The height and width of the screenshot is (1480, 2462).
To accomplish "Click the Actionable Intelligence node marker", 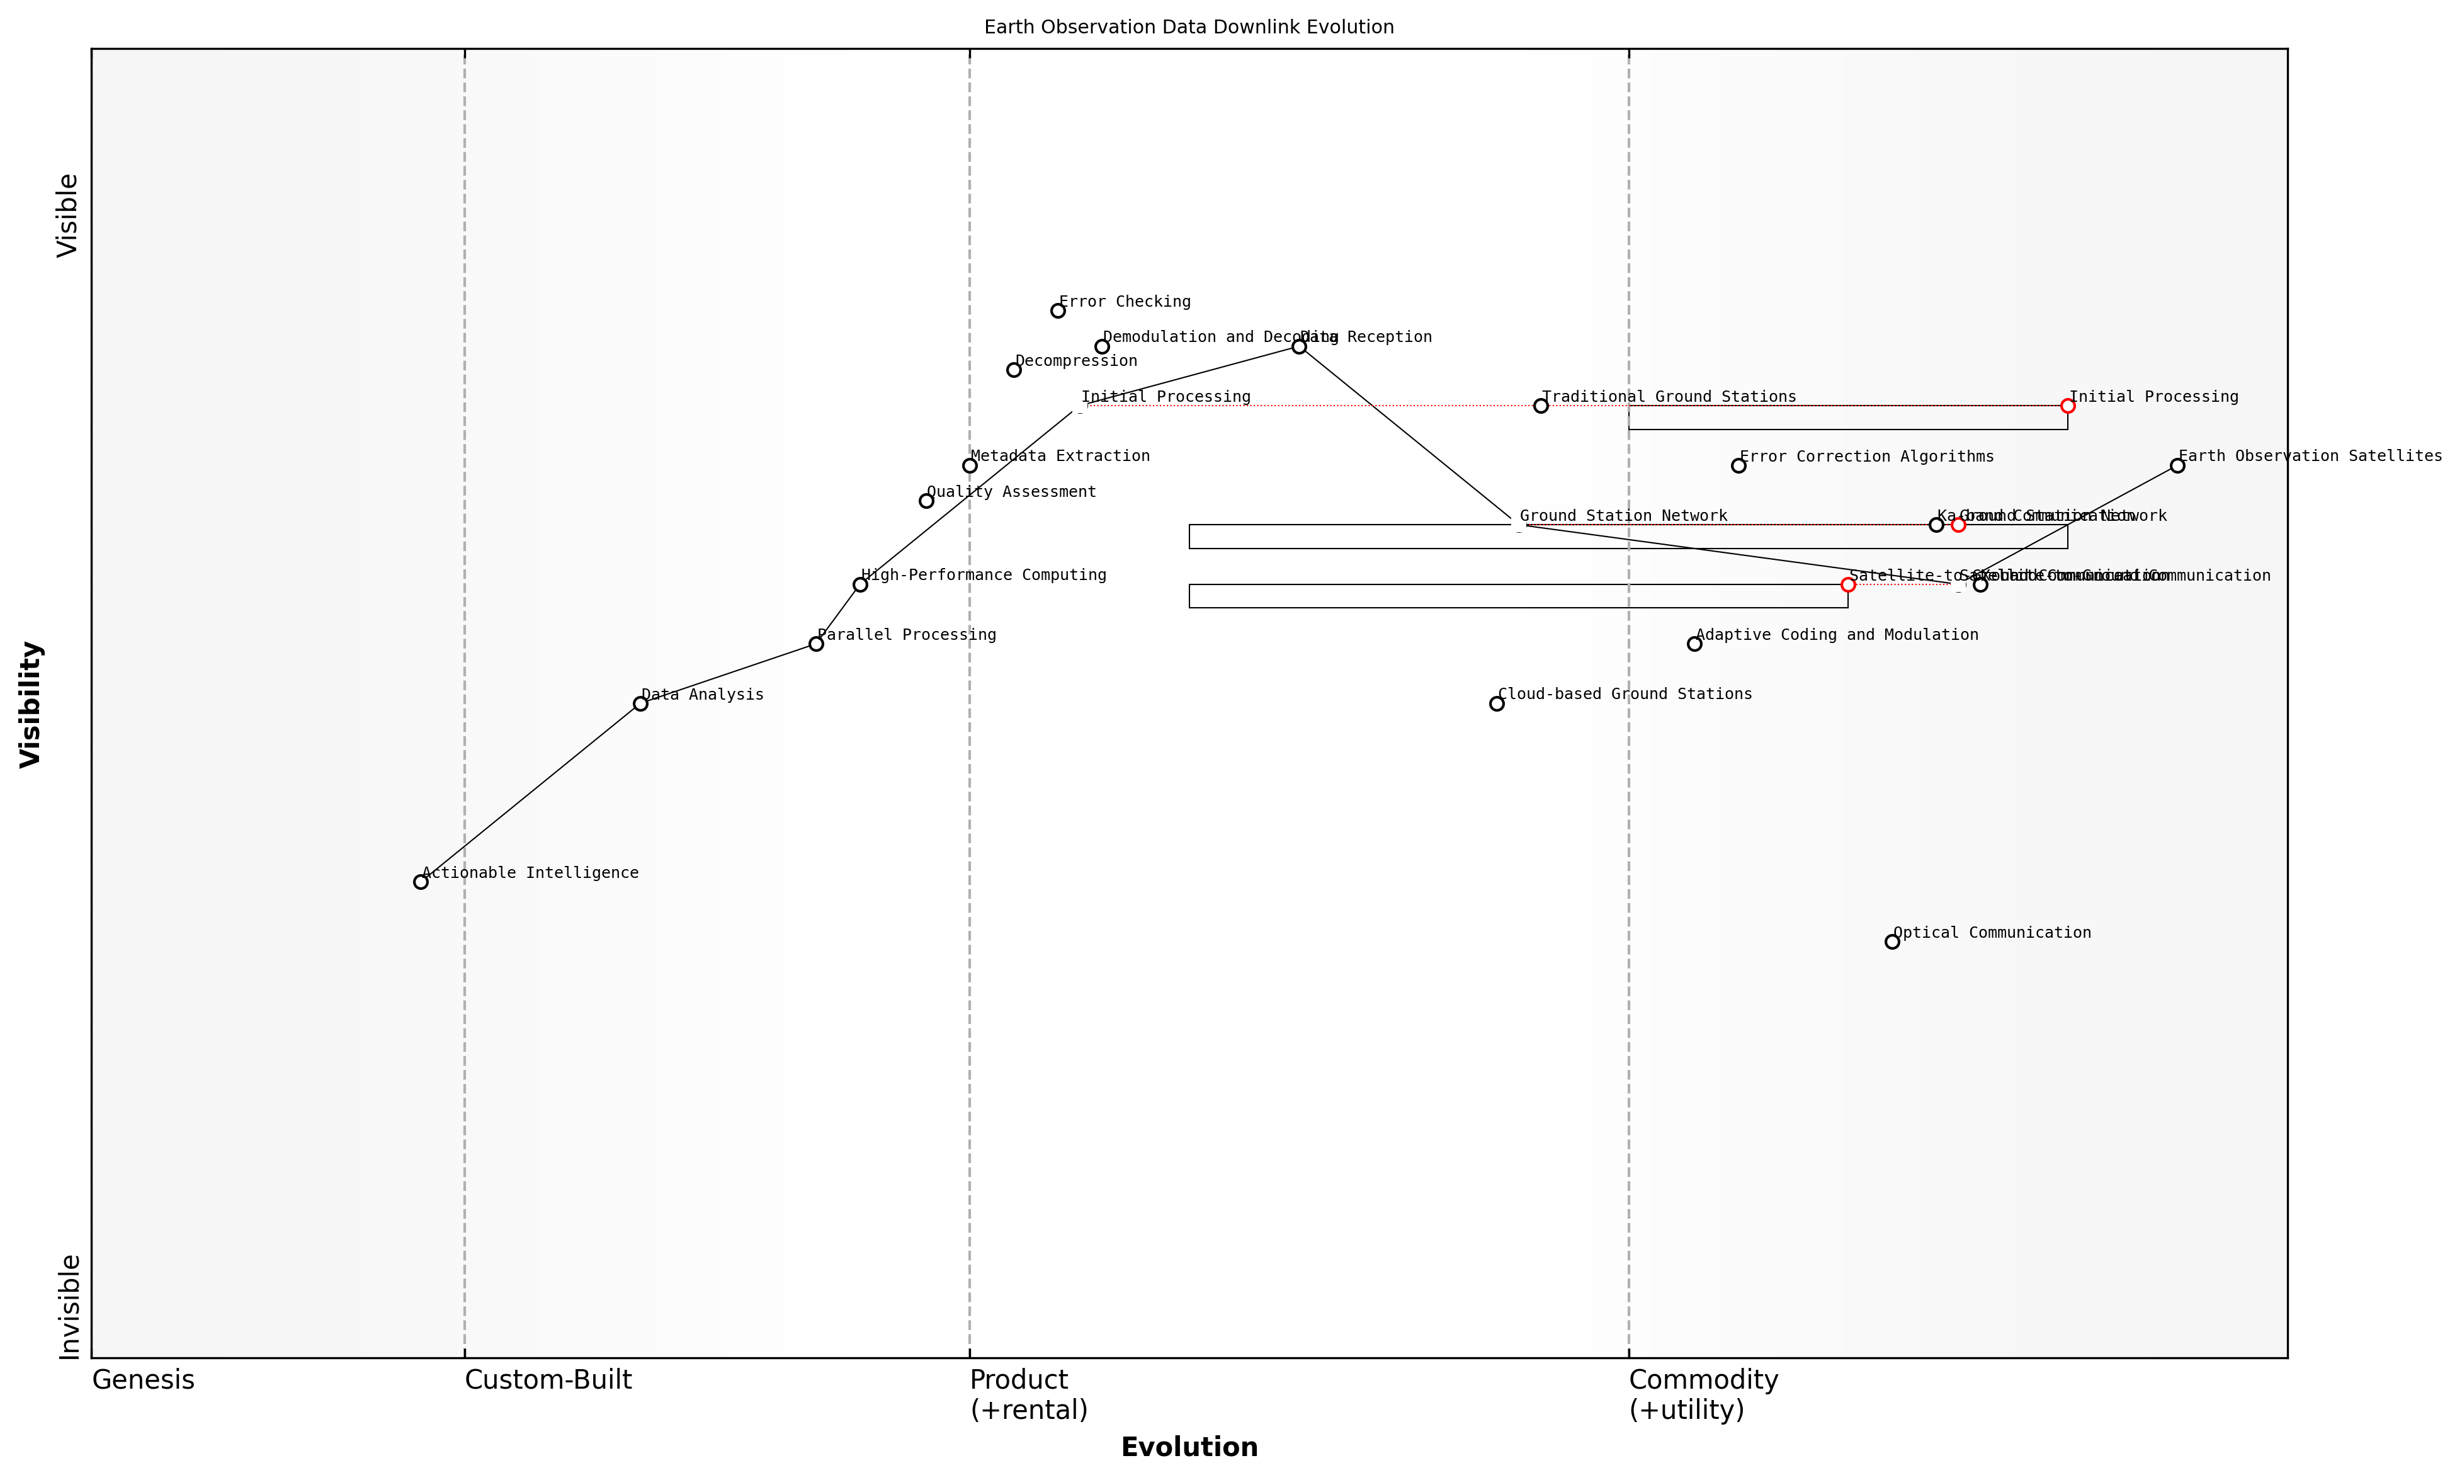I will click(x=421, y=882).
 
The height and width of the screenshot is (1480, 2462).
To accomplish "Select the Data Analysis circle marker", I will click(x=640, y=703).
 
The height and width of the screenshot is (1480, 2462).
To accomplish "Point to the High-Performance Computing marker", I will click(x=859, y=584).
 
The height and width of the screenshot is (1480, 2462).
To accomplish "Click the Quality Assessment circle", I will click(x=926, y=501).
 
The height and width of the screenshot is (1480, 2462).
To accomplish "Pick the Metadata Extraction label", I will click(x=1059, y=456).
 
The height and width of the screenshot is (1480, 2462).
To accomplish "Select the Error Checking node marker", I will click(x=1058, y=310).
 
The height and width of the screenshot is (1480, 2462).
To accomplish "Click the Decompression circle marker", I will click(x=1014, y=370).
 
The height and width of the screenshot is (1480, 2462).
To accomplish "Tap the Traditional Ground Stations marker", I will click(x=1541, y=406).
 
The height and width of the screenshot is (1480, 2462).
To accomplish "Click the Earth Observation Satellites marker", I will click(x=2177, y=466).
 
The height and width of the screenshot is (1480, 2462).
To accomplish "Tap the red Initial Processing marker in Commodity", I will click(x=2067, y=406).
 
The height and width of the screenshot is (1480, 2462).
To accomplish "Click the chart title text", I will click(x=1189, y=27).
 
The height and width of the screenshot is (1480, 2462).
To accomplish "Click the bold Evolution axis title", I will click(x=1189, y=1447).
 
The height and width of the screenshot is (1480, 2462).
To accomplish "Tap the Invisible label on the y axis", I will click(x=68, y=1306).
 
